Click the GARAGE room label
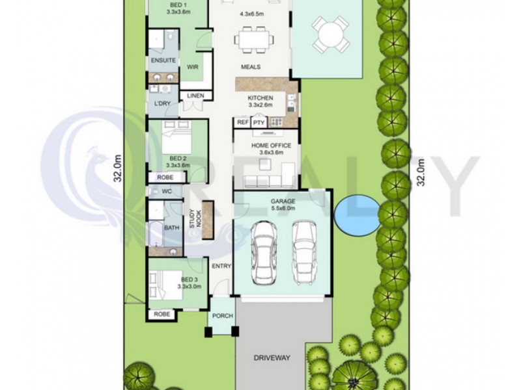tap(283, 201)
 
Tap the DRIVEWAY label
tap(272, 358)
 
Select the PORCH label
tap(223, 316)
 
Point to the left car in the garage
tap(264, 253)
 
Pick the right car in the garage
tap(304, 253)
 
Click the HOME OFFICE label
tap(271, 145)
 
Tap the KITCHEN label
tap(260, 98)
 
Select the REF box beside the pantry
tap(242, 122)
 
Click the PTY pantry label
tap(259, 123)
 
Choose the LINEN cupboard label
tap(196, 96)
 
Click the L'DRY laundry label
tap(162, 103)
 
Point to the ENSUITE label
tap(163, 60)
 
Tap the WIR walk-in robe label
tap(192, 67)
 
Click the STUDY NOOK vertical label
tap(195, 218)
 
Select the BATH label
tap(172, 228)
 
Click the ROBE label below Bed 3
tap(162, 314)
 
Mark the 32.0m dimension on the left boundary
tap(118, 168)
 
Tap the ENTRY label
tap(221, 266)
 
